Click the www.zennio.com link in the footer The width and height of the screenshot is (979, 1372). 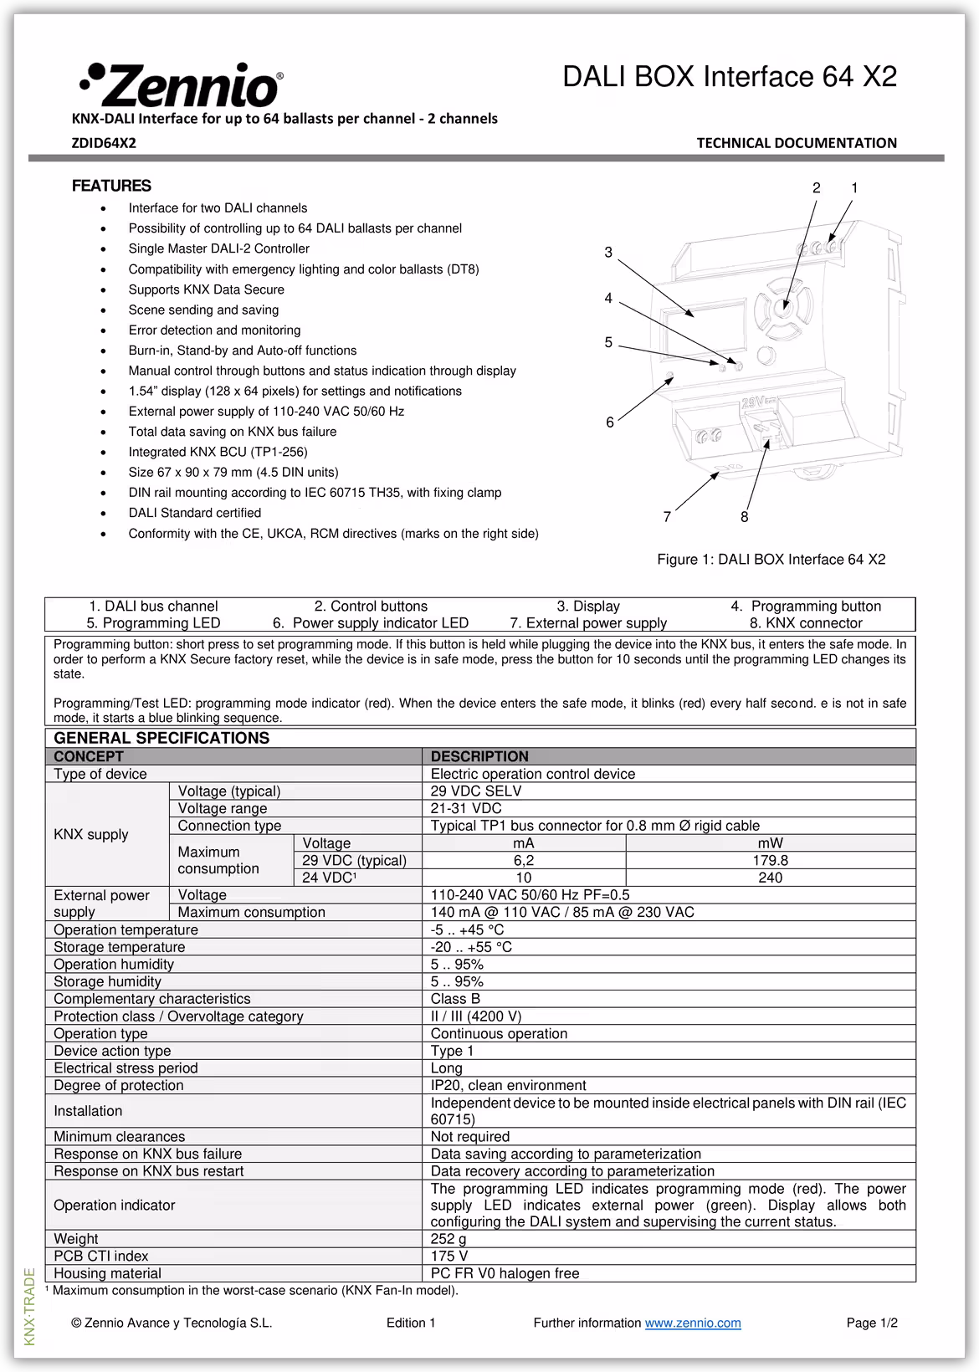(x=693, y=1323)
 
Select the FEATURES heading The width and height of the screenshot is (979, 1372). (x=111, y=186)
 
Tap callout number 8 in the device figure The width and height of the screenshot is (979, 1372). (x=745, y=517)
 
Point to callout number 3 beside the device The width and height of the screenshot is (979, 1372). (x=608, y=252)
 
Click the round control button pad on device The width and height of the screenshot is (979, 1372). (x=783, y=307)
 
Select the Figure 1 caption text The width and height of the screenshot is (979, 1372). (x=771, y=559)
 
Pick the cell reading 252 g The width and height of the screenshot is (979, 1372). (x=448, y=1238)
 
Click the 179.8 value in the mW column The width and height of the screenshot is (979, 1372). (x=770, y=860)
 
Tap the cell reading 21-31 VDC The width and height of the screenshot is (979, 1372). (x=466, y=808)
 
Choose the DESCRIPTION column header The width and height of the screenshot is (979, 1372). (x=479, y=756)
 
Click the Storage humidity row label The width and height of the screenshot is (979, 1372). (x=107, y=981)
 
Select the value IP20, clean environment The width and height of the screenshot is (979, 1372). (x=508, y=1085)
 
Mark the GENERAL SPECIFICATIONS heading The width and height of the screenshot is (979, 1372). (x=161, y=738)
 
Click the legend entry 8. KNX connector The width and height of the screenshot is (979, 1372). (x=805, y=623)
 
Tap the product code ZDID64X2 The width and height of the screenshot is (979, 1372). (x=103, y=143)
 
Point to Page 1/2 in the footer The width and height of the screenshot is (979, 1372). (x=872, y=1323)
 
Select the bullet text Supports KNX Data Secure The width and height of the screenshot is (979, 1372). (x=206, y=289)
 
